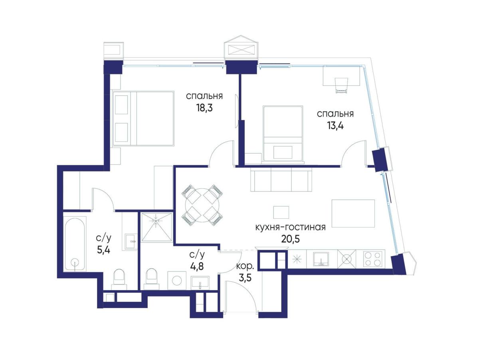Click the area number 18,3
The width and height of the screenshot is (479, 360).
(x=204, y=108)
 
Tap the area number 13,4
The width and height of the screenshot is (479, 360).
(x=335, y=126)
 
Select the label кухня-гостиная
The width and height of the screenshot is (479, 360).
(x=290, y=227)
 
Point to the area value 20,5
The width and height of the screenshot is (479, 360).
(x=291, y=239)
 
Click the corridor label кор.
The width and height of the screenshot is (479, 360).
(x=245, y=267)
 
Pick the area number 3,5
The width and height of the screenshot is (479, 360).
(x=245, y=278)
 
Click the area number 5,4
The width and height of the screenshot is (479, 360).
(x=103, y=250)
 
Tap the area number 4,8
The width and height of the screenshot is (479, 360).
(x=197, y=266)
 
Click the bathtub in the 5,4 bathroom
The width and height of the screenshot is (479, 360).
(x=75, y=244)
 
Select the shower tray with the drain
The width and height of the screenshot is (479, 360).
(x=156, y=227)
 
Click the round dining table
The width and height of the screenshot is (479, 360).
(x=202, y=205)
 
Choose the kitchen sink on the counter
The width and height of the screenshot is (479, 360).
(x=321, y=259)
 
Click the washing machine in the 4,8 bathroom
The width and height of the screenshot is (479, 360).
(x=177, y=281)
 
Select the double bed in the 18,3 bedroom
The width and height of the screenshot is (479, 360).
(x=143, y=118)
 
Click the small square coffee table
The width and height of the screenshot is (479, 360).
(x=281, y=212)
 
